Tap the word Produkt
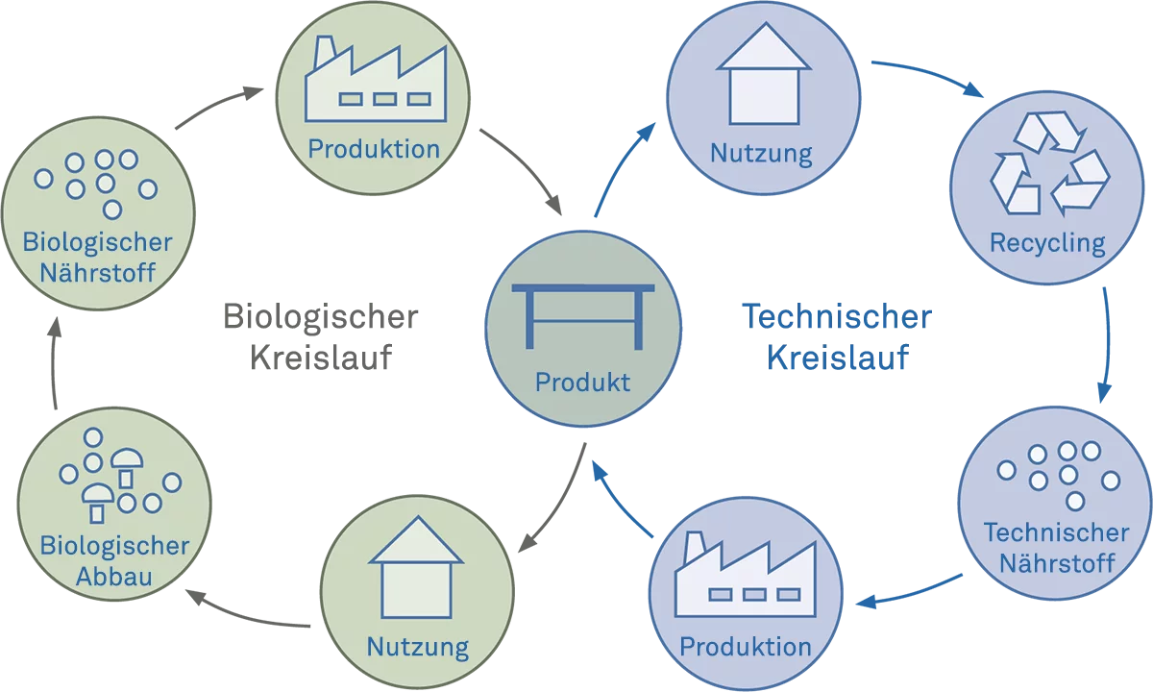[x=582, y=383]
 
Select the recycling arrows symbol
[x=1048, y=163]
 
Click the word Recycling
[x=1047, y=242]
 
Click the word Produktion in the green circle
[x=373, y=149]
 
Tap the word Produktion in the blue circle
[x=745, y=647]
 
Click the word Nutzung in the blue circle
[x=761, y=153]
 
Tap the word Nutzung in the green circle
[x=417, y=647]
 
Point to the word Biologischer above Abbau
[x=115, y=546]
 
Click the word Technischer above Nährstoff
[x=1056, y=531]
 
